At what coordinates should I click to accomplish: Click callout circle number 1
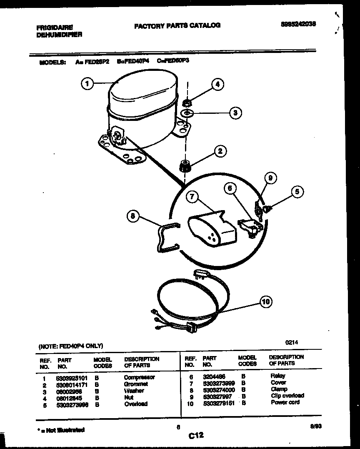(87, 84)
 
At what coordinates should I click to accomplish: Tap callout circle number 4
(217, 85)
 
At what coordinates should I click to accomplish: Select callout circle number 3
(235, 113)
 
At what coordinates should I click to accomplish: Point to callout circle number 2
(220, 151)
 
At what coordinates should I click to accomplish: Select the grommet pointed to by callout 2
(184, 166)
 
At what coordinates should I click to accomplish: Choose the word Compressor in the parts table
(140, 377)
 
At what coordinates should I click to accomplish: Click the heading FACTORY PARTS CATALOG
(177, 25)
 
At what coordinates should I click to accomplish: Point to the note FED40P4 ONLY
(70, 346)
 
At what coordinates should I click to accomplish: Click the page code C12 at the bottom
(195, 436)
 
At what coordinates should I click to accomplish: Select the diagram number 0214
(291, 342)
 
